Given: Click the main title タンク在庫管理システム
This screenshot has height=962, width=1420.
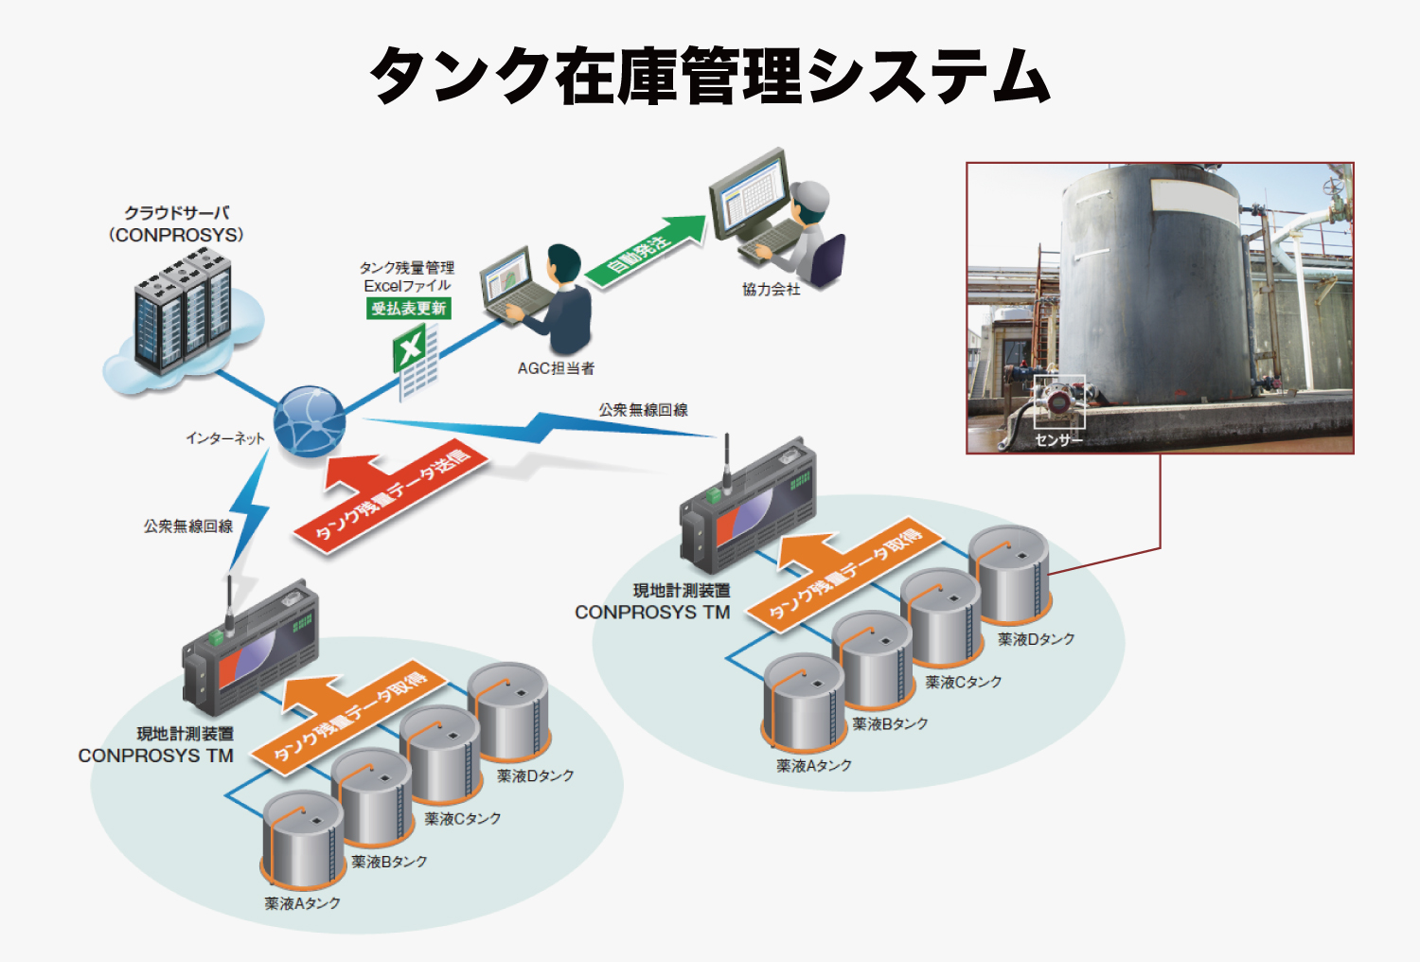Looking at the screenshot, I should (x=710, y=76).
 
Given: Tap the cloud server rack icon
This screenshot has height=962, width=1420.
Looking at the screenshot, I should (x=182, y=312).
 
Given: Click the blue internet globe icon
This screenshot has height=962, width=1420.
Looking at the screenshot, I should (x=309, y=421).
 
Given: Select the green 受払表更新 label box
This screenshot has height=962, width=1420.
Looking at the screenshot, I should (x=408, y=308).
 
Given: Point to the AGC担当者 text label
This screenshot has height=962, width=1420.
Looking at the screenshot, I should (x=556, y=368).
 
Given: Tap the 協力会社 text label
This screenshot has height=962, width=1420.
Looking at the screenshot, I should (x=771, y=289).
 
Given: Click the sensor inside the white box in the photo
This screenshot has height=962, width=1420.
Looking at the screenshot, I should (x=1058, y=400).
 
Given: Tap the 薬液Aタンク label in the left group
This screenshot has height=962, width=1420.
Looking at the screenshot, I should (x=302, y=903).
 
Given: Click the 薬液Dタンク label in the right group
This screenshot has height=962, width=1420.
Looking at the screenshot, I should (x=1036, y=639).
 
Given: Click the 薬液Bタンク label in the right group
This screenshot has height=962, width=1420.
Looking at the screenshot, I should (x=890, y=723).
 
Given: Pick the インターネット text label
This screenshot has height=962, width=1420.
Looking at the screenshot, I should (x=224, y=437).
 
